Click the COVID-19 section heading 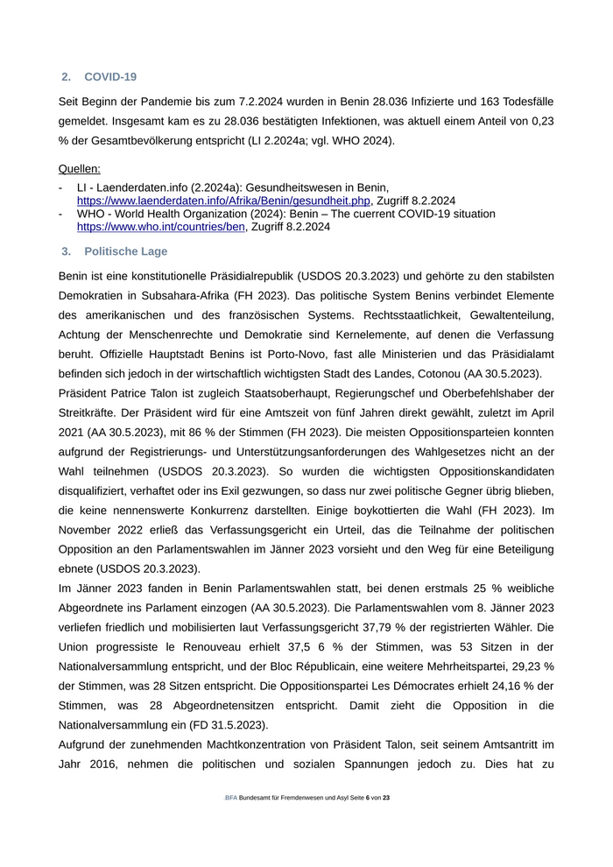click(x=110, y=77)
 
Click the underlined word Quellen click(x=79, y=168)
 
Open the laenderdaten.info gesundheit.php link click(x=223, y=201)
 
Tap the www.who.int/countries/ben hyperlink click(x=161, y=227)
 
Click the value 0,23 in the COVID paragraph click(x=540, y=122)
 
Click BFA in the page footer click(x=230, y=798)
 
